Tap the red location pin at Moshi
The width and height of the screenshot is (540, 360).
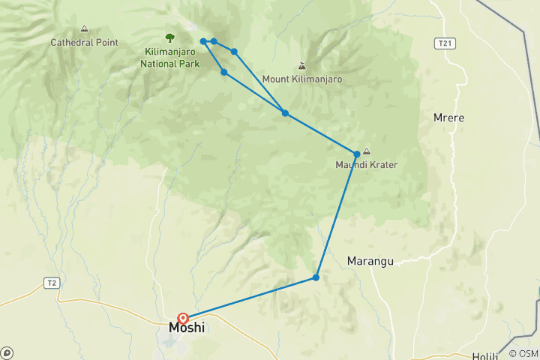coord(183,318)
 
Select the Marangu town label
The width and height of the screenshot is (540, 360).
coord(370,261)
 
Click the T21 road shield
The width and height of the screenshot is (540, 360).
coord(446,43)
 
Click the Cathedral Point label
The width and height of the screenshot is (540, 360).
coord(84,42)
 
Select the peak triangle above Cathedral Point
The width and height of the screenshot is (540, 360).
coord(84,29)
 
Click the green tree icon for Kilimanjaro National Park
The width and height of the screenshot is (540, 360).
coord(169,37)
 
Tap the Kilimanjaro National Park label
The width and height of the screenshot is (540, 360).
coord(169,58)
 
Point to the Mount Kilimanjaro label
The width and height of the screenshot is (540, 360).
coord(302,79)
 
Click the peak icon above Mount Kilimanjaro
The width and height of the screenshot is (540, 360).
coord(302,65)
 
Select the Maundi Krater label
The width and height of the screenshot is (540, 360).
coord(366,165)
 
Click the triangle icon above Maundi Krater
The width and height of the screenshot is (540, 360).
coord(366,151)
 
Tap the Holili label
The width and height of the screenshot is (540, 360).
coord(484,356)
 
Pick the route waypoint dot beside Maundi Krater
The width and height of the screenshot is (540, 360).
coord(357,154)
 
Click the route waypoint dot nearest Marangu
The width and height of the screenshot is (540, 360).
coord(316,277)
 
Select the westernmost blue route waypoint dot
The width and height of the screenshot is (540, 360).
coord(203,41)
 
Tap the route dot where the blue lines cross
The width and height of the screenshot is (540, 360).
coord(285,113)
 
